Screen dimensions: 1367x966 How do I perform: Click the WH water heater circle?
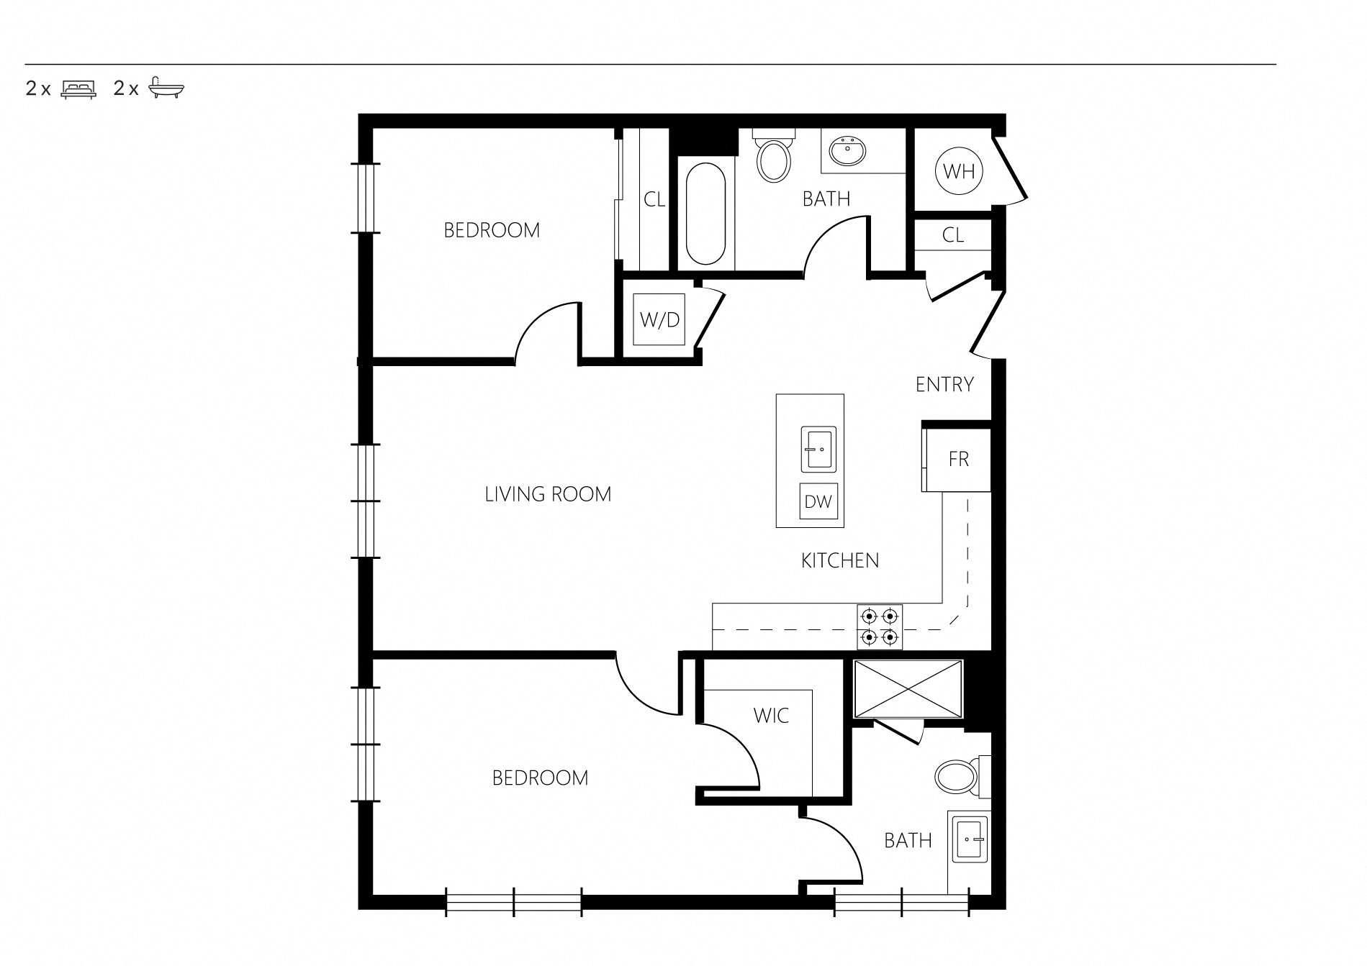pyautogui.click(x=959, y=171)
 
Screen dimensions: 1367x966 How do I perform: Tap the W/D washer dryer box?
pyautogui.click(x=659, y=319)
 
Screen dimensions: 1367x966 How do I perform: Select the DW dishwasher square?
pyautogui.click(x=818, y=501)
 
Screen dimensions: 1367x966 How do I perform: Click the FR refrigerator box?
pyautogui.click(x=957, y=459)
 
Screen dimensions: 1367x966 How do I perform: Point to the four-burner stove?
pyautogui.click(x=880, y=626)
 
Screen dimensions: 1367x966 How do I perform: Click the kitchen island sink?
pyautogui.click(x=818, y=449)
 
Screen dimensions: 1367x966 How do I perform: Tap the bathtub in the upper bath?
pyautogui.click(x=705, y=214)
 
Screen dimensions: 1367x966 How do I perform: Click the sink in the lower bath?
pyautogui.click(x=971, y=838)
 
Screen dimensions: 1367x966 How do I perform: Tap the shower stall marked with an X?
pyautogui.click(x=908, y=688)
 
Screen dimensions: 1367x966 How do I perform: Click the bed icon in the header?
pyautogui.click(x=79, y=89)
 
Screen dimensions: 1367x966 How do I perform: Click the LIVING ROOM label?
pyautogui.click(x=548, y=494)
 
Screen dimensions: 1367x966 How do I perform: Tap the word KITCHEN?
pyautogui.click(x=840, y=560)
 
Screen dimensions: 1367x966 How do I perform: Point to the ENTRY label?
pyautogui.click(x=944, y=385)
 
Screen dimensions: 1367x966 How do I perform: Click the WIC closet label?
pyautogui.click(x=771, y=716)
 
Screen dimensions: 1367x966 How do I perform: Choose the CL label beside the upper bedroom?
pyautogui.click(x=654, y=199)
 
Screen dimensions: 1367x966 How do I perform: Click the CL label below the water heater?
pyautogui.click(x=953, y=235)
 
